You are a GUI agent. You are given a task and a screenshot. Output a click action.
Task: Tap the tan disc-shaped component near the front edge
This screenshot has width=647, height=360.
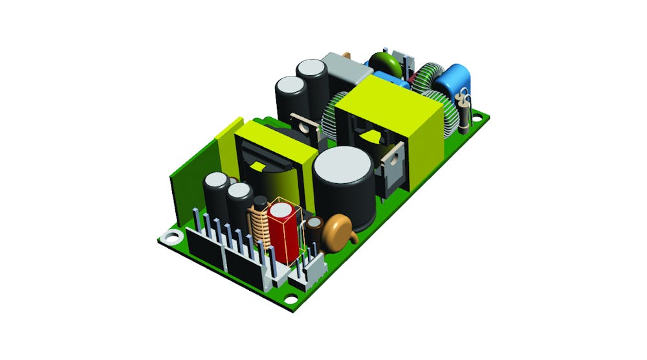(337, 229)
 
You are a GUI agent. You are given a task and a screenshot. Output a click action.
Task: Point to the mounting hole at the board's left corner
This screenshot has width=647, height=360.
(171, 236)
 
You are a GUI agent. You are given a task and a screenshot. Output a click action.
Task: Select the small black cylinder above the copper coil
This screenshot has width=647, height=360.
(259, 202)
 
